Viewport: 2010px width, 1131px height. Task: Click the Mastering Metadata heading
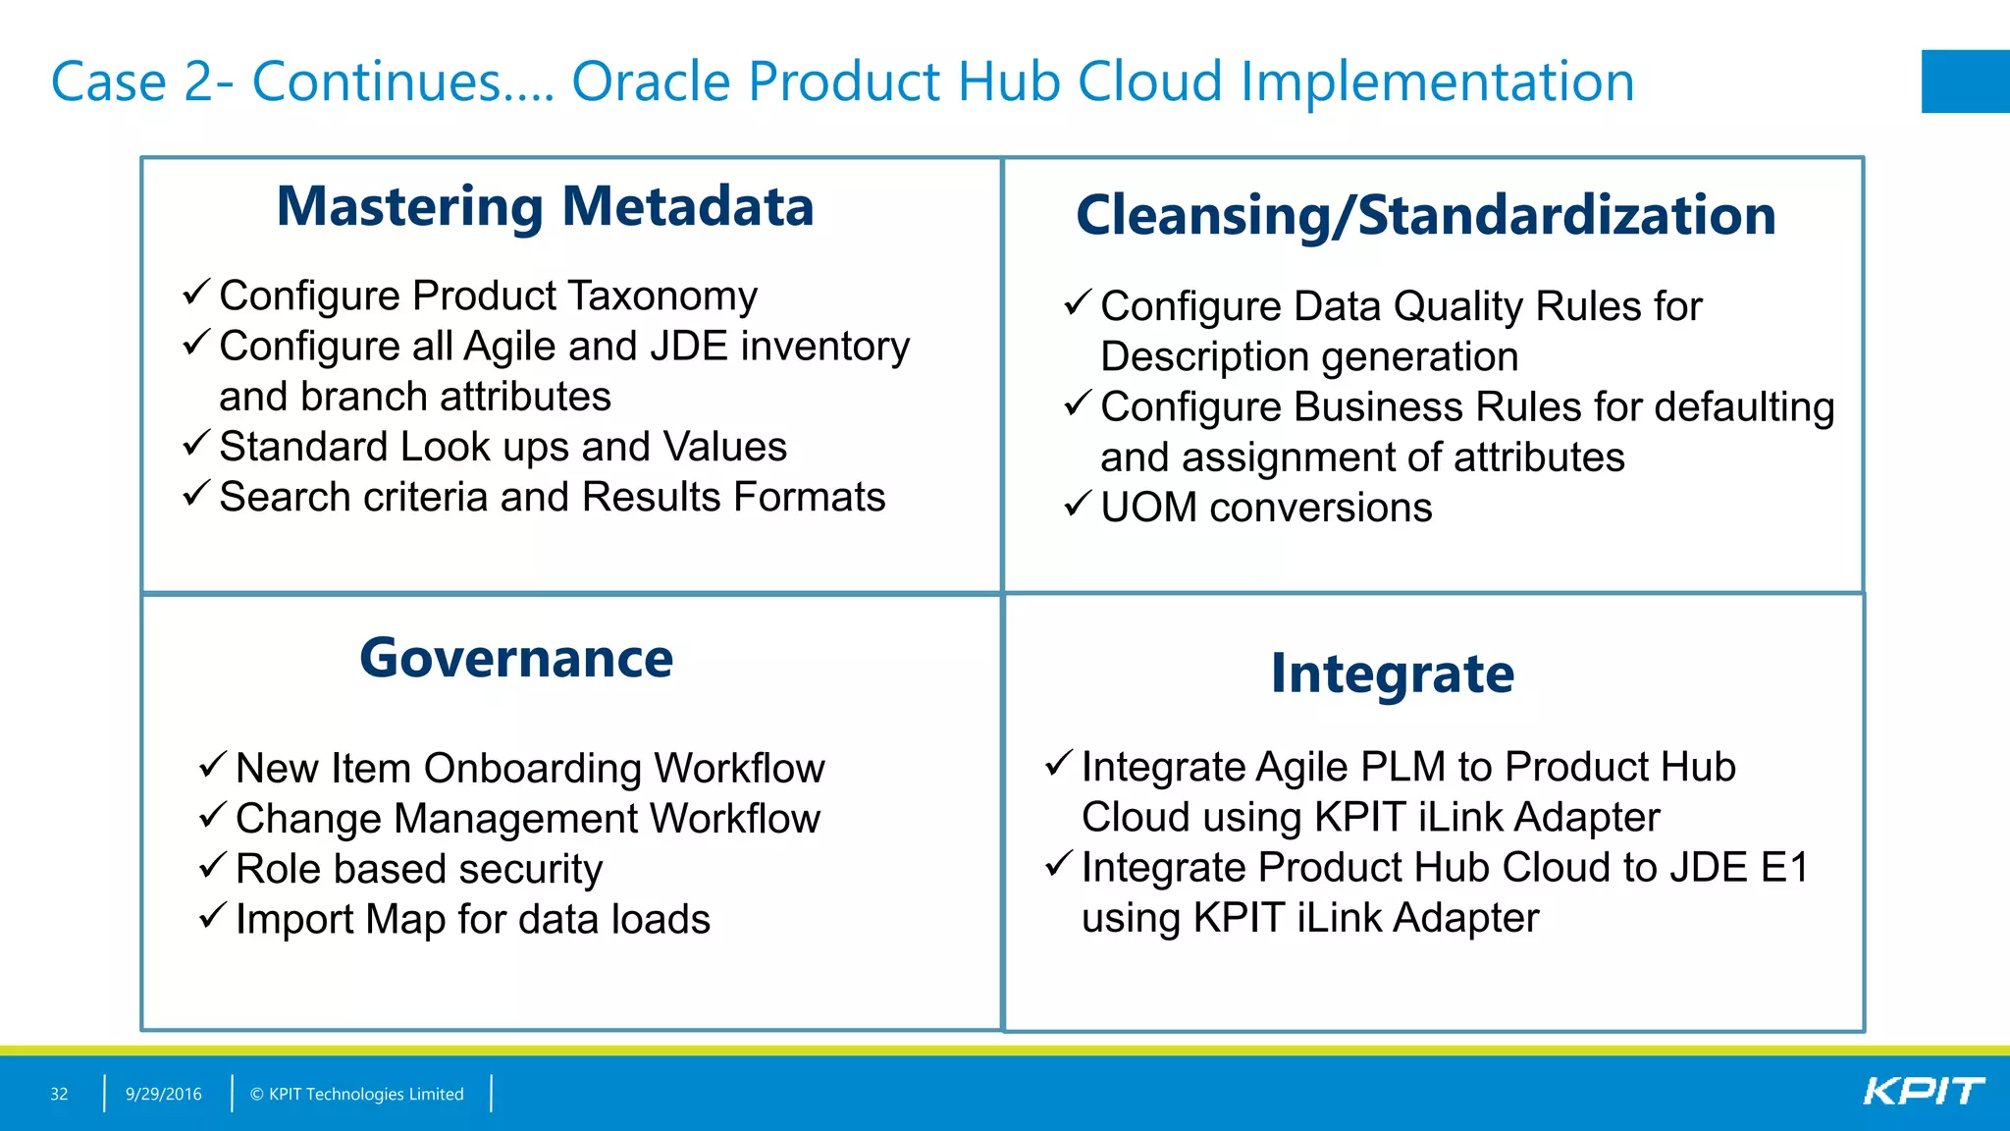545,207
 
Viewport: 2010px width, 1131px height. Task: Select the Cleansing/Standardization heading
1425,216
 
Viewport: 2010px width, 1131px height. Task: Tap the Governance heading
516,658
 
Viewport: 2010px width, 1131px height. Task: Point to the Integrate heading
1392,674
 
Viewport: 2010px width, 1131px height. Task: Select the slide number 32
59,1094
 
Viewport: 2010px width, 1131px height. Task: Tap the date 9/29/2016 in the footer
163,1094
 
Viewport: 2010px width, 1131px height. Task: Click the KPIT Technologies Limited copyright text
356,1094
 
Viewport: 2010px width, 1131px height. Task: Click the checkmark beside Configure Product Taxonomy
196,292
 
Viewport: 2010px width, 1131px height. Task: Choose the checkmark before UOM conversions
1078,504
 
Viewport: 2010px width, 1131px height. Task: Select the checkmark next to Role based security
213,865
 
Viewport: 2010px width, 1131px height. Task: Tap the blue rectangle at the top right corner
1965,81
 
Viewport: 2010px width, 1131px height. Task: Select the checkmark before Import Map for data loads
213,915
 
